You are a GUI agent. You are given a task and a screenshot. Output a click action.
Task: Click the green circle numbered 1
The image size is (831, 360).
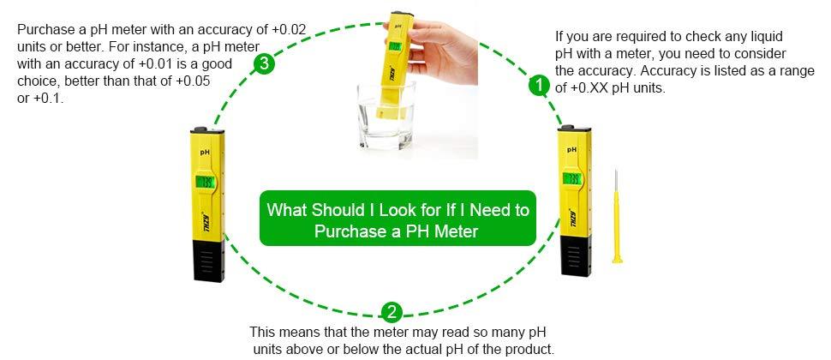pyautogui.click(x=538, y=86)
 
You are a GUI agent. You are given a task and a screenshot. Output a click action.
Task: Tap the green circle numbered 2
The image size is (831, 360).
pyautogui.click(x=391, y=311)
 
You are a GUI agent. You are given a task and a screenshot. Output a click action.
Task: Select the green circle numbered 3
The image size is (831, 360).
pyautogui.click(x=266, y=64)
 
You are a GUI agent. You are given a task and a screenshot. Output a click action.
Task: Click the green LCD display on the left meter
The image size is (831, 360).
pyautogui.click(x=206, y=181)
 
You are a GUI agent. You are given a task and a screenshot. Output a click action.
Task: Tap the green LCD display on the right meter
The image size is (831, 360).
pyautogui.click(x=571, y=180)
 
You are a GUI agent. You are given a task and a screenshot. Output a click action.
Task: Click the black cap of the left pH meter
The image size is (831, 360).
pyautogui.click(x=208, y=261)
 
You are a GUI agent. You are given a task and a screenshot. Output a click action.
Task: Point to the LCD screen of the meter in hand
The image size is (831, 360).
pyautogui.click(x=395, y=48)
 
